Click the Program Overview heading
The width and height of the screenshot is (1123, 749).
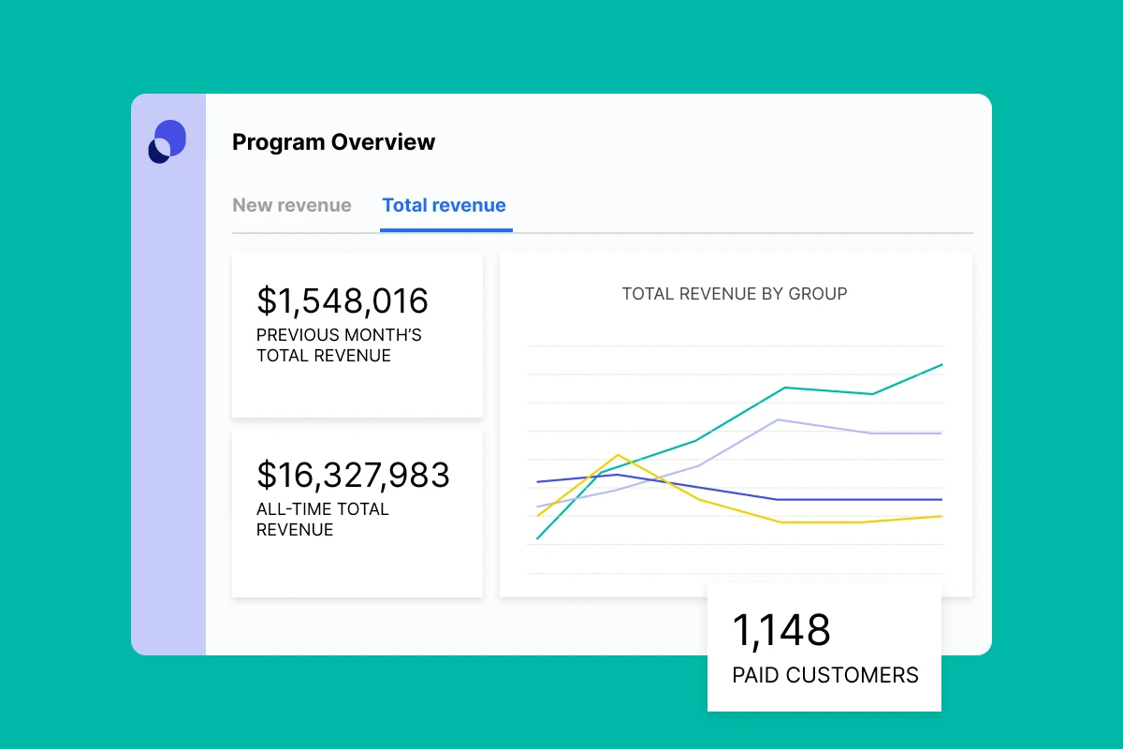[x=333, y=142]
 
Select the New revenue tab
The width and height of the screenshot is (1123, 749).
[x=292, y=205]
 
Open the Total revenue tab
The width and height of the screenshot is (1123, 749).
[x=445, y=205]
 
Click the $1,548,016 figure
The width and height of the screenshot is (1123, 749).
[x=343, y=301]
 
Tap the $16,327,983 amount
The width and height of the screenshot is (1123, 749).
[x=353, y=475]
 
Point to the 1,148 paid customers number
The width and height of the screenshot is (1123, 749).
[x=781, y=630]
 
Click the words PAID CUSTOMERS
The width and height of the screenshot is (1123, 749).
[x=825, y=675]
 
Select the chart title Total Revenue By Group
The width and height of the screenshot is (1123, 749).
[x=735, y=294]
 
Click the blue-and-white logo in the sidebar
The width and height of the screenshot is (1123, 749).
[x=168, y=141]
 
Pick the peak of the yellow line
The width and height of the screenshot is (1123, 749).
[x=618, y=455]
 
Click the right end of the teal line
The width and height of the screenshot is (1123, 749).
[x=941, y=364]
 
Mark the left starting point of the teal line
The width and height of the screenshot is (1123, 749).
[x=537, y=539]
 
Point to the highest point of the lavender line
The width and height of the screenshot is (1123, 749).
[x=780, y=419]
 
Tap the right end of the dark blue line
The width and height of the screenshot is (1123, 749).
[x=941, y=500]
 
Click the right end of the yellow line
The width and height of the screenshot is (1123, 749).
[x=941, y=516]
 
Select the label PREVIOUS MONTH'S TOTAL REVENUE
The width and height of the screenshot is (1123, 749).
[x=339, y=345]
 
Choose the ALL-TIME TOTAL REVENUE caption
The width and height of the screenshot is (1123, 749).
[x=322, y=520]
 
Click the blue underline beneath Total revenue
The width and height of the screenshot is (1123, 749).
[x=446, y=229]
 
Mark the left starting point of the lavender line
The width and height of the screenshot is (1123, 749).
[x=537, y=507]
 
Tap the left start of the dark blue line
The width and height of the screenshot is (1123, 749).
[x=537, y=482]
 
